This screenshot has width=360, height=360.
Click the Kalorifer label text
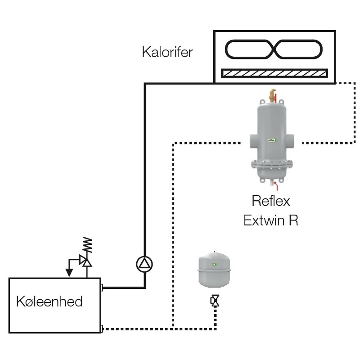coord(167,52)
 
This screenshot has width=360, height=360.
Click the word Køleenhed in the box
coord(49,301)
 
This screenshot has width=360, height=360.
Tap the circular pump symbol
coord(144,264)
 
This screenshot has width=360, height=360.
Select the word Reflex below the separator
coord(270,200)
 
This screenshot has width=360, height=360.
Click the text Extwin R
coord(270,221)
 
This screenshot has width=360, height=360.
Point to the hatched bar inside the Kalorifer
coord(274,73)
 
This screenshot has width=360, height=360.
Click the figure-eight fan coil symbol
coord(274,49)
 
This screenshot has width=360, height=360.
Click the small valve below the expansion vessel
coord(215,301)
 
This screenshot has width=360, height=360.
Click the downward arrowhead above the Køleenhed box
coord(69,273)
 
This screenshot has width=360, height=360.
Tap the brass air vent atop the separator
coord(271,95)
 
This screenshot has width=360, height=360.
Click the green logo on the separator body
coord(271,140)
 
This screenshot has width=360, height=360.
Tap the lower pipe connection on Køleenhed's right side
coord(102,328)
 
